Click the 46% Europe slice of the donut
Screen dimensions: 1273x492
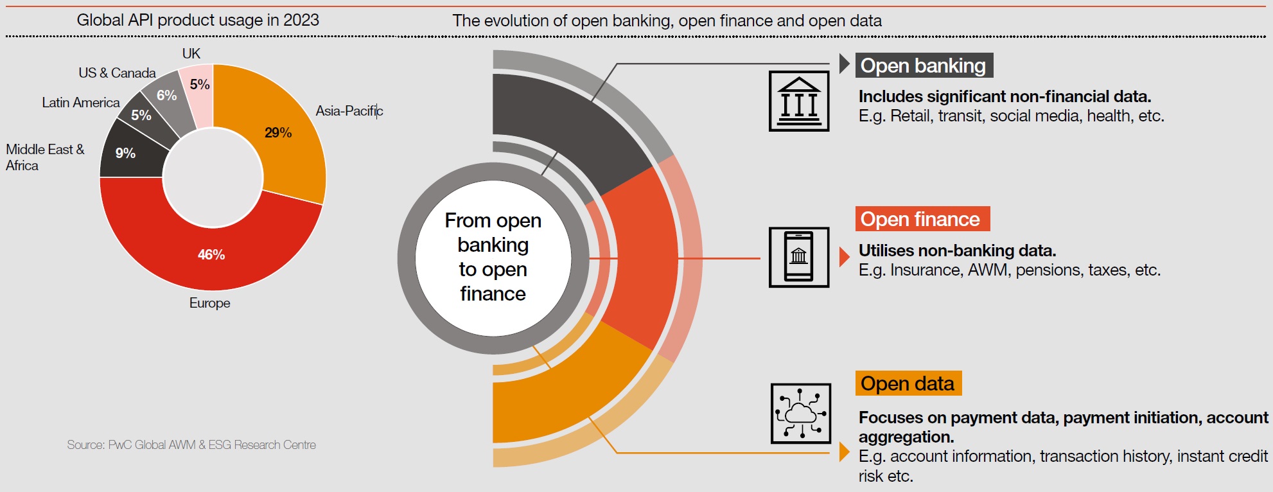211,257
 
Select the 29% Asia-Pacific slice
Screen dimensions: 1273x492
283,135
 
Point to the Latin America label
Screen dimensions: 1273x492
81,103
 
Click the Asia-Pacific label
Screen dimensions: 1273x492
349,110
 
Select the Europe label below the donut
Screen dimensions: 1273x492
209,303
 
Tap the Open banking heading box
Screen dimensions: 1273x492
924,66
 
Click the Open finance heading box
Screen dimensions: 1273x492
922,219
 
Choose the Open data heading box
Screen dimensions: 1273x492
908,383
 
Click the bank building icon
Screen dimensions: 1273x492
799,101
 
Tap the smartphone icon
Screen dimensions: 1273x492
799,257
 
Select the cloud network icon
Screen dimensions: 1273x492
801,414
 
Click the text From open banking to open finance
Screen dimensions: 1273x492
493,257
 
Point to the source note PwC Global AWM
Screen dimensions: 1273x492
191,444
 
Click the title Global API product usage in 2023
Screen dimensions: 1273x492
198,20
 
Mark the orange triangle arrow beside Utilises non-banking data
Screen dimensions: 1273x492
845,257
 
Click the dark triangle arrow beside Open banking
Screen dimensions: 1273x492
845,64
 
